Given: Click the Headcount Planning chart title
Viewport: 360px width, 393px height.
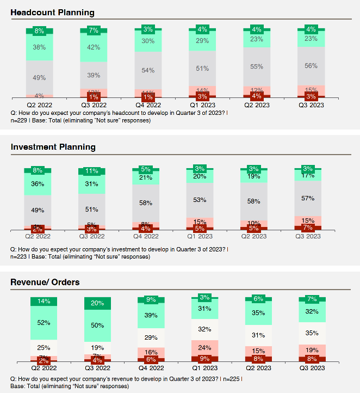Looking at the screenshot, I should click(x=52, y=13).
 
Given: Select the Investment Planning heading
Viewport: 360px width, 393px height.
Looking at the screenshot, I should click(x=53, y=147).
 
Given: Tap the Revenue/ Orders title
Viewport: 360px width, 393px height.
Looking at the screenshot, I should click(x=45, y=282).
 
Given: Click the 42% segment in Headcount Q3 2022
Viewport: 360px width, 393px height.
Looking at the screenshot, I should click(x=94, y=47).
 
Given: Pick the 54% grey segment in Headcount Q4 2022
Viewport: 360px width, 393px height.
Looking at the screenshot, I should click(x=148, y=71).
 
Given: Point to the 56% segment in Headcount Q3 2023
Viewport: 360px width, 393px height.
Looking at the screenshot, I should click(x=311, y=66).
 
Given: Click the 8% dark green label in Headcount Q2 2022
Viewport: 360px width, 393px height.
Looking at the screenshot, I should click(x=40, y=31).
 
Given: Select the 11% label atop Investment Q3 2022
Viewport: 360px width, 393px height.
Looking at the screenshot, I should click(x=92, y=171).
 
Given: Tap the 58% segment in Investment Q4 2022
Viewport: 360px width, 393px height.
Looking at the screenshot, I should click(x=146, y=202).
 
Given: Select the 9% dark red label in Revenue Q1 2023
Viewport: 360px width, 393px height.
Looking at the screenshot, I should click(x=204, y=359).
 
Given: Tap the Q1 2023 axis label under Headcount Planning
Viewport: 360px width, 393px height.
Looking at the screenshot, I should click(x=202, y=105).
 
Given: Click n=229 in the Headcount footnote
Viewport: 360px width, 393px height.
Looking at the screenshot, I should click(x=21, y=120).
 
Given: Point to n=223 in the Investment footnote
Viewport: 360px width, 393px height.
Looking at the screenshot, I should click(x=21, y=256).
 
